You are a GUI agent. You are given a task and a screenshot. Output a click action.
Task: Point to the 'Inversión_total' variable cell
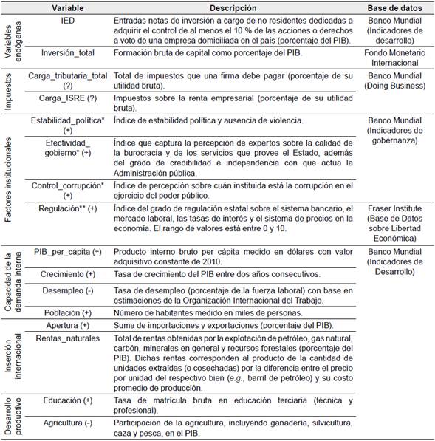[68, 54]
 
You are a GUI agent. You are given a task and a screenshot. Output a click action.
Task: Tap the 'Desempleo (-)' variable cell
[68, 290]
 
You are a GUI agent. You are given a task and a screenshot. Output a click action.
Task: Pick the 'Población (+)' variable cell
[68, 312]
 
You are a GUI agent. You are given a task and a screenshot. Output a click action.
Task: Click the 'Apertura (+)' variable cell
[68, 325]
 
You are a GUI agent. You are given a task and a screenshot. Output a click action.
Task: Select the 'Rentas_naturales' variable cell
[68, 338]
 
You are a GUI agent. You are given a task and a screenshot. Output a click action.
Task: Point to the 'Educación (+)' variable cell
[68, 400]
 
